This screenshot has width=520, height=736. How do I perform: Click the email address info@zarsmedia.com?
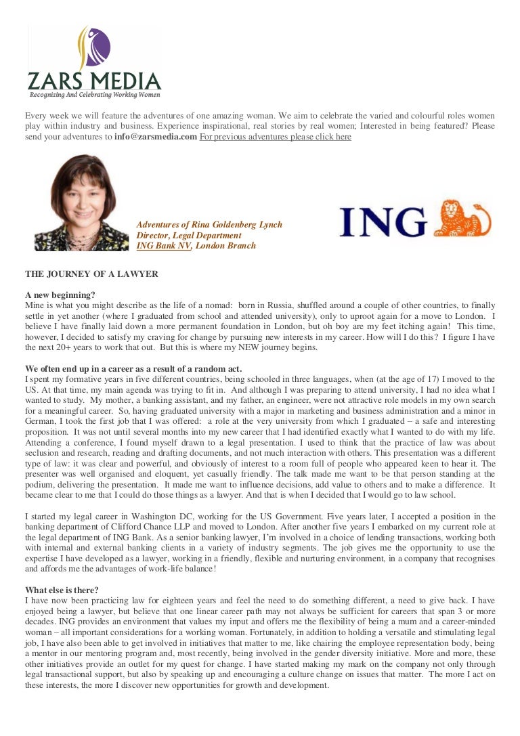[156, 137]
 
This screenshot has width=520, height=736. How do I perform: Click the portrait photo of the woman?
[82, 203]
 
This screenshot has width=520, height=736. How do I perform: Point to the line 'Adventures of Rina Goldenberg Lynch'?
[209, 224]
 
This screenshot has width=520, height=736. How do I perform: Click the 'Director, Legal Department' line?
[189, 235]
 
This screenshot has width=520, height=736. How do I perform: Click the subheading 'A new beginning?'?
[60, 295]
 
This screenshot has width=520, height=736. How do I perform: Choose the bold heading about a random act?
[133, 368]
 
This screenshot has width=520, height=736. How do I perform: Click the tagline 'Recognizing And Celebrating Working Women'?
[93, 95]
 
